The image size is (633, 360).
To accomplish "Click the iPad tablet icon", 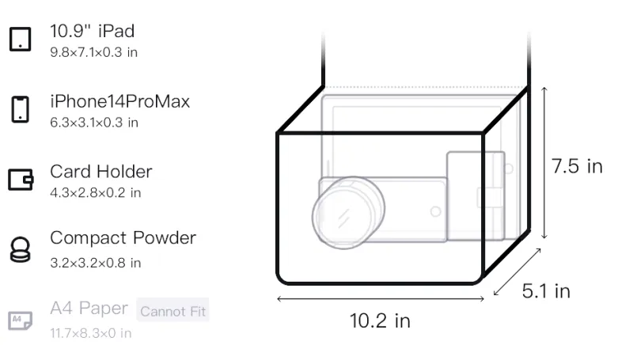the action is pyautogui.click(x=21, y=39).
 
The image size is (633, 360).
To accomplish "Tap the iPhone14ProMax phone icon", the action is pyautogui.click(x=21, y=109).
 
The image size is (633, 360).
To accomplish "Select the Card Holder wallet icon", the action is pyautogui.click(x=21, y=179).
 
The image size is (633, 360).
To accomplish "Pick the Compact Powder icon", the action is pyautogui.click(x=21, y=250).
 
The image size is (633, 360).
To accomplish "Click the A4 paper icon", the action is pyautogui.click(x=21, y=320).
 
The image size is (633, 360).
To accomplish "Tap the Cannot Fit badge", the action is pyautogui.click(x=172, y=311).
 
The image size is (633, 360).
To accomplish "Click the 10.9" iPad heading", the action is pyautogui.click(x=92, y=31).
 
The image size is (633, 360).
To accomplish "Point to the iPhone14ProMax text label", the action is pyautogui.click(x=120, y=101).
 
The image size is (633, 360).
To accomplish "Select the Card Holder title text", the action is pyautogui.click(x=101, y=172).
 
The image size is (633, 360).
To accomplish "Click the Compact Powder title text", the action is pyautogui.click(x=123, y=237).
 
